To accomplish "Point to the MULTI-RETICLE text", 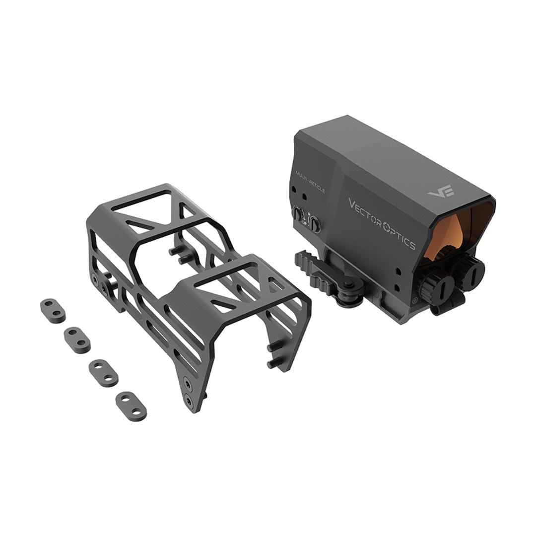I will click(310, 182).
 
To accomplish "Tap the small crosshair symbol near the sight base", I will click(414, 300).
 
